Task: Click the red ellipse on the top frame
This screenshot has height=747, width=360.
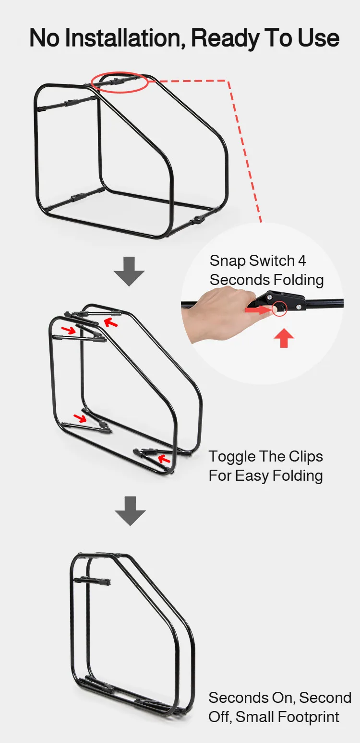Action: pos(120,82)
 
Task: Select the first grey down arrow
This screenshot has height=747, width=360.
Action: pos(129,272)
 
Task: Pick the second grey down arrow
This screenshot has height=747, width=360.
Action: pos(130,511)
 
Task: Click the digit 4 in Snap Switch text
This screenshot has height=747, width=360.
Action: pos(302,261)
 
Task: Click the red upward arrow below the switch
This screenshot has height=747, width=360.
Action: pos(284,338)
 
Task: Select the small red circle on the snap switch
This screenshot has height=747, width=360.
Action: pos(279,309)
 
